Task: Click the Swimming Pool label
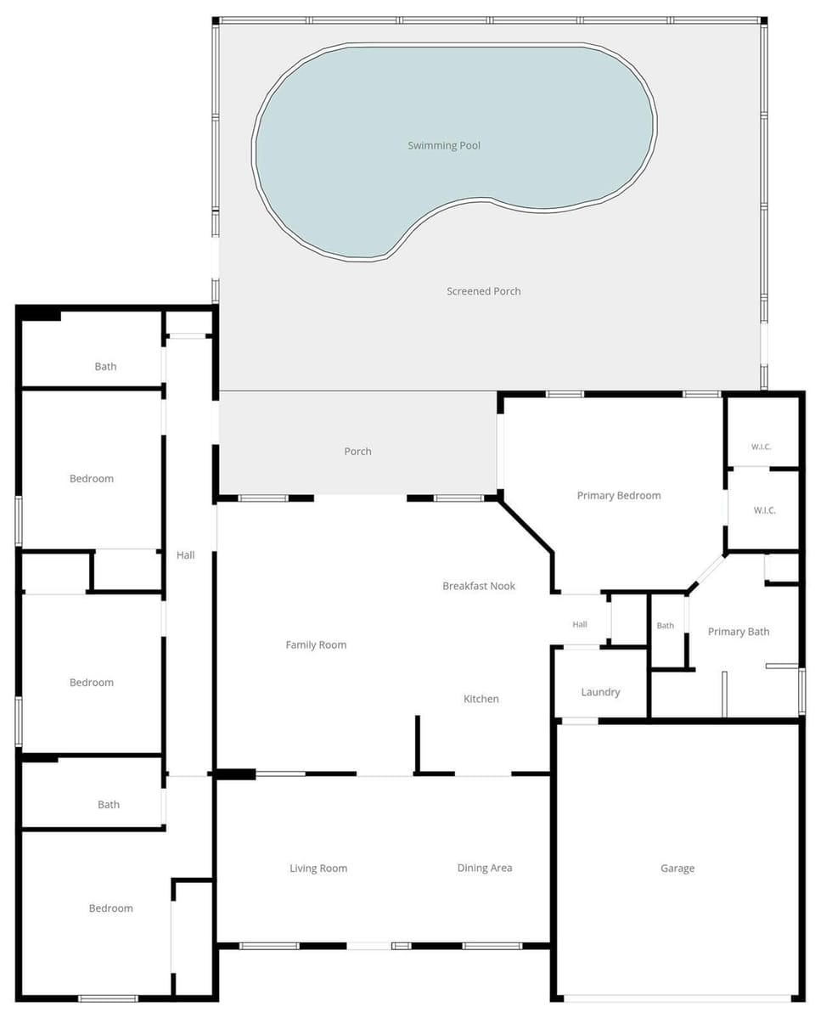point(444,145)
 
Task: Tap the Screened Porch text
point(484,291)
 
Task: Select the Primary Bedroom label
point(619,495)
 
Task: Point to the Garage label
point(677,868)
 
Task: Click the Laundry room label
point(601,692)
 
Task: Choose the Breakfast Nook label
point(480,586)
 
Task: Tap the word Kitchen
point(481,699)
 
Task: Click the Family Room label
point(317,644)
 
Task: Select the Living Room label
point(318,868)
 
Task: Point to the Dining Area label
point(485,868)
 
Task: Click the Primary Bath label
point(739,632)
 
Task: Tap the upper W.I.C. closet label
point(762,447)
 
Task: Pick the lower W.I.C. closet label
point(764,510)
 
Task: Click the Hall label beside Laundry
point(580,625)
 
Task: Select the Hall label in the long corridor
point(186,555)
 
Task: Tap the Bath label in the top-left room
point(106,366)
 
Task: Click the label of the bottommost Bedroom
point(111,908)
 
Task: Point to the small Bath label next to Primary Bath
point(666,625)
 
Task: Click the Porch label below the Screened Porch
point(357,451)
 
